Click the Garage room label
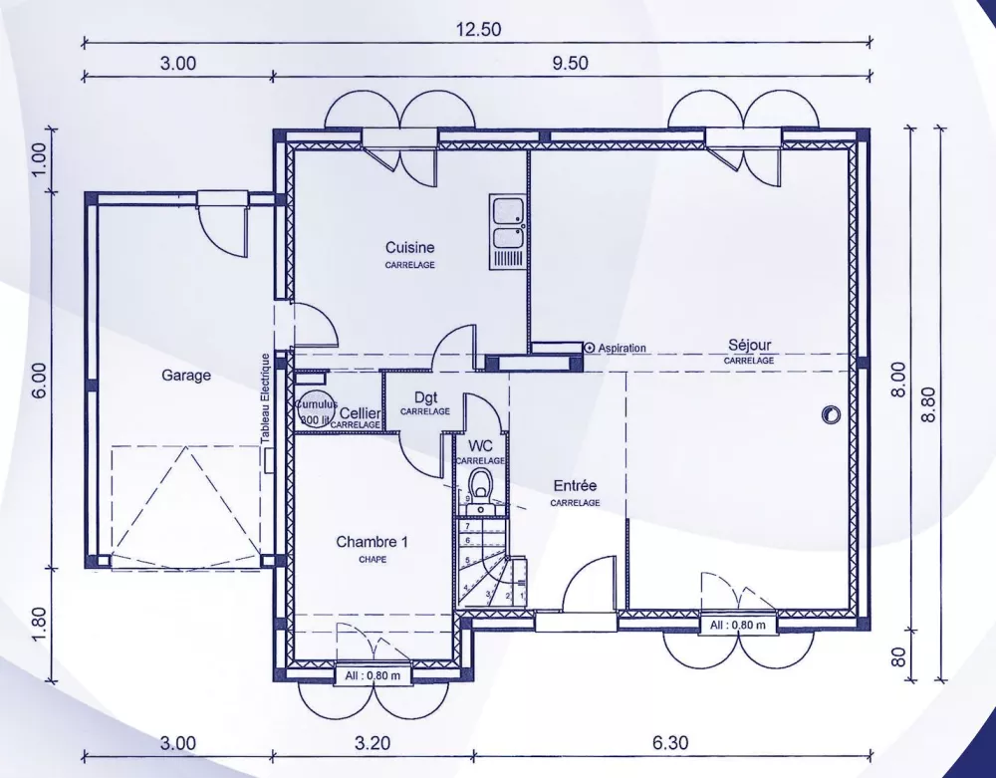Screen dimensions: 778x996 click(x=186, y=376)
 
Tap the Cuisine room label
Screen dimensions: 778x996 click(x=410, y=247)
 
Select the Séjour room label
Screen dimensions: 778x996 click(x=749, y=346)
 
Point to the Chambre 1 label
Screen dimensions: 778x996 click(x=372, y=542)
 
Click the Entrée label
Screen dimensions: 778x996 click(x=575, y=486)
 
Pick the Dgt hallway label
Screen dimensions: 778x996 click(x=425, y=397)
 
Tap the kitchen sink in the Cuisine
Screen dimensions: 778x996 click(x=508, y=223)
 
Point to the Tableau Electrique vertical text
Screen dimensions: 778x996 click(x=265, y=398)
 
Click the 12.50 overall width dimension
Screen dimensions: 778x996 click(x=478, y=30)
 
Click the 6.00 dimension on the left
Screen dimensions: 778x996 click(x=40, y=381)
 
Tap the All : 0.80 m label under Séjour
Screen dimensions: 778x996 click(x=738, y=625)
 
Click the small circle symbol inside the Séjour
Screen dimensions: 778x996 click(x=829, y=414)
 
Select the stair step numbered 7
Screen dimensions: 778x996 click(x=466, y=526)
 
